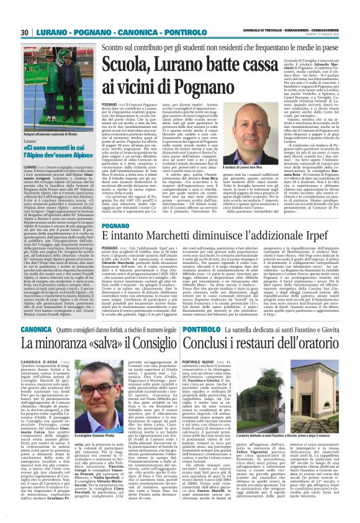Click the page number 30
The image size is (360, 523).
tap(26, 34)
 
